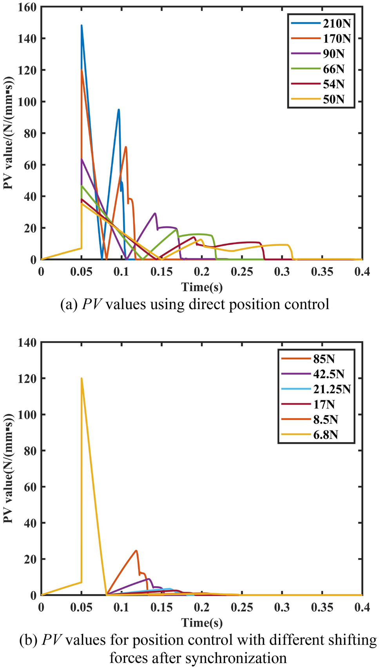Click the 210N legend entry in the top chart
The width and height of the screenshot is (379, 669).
tap(336, 24)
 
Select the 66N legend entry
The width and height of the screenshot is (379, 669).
tap(334, 69)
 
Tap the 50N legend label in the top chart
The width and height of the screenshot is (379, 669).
tap(334, 99)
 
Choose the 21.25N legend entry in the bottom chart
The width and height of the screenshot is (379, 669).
tap(332, 389)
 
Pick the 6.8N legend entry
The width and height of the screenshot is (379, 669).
tap(325, 435)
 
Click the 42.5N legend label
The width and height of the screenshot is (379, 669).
tap(328, 374)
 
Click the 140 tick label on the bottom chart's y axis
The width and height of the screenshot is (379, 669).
tap(27, 343)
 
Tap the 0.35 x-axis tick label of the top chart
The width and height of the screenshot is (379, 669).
tap(322, 272)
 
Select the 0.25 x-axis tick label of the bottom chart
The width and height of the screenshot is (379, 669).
tap(242, 608)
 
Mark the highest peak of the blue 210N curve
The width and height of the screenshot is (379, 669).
tap(82, 25)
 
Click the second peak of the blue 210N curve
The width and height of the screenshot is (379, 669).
tap(118, 110)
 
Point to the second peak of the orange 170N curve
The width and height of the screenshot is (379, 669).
tap(126, 147)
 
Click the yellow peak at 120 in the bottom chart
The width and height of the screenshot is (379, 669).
tap(82, 378)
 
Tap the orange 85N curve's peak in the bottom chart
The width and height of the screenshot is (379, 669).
tap(136, 551)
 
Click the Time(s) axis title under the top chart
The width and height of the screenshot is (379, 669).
tap(202, 287)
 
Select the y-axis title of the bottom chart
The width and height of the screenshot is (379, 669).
tap(9, 468)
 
